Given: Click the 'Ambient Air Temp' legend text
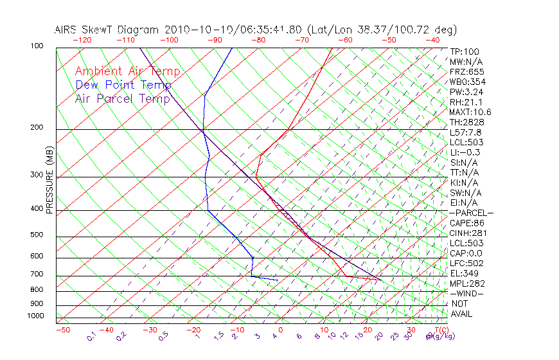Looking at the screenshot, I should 127,71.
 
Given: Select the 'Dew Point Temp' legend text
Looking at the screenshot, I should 123,85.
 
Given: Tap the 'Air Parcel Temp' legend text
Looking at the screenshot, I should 122,98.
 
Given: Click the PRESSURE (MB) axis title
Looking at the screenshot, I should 49,181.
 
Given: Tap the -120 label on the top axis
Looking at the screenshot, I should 82,40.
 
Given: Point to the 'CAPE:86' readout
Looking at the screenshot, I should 466,223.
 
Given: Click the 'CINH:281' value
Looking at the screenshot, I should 468,233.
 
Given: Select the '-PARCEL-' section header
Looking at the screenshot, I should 471,213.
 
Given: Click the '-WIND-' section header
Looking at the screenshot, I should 466,293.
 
